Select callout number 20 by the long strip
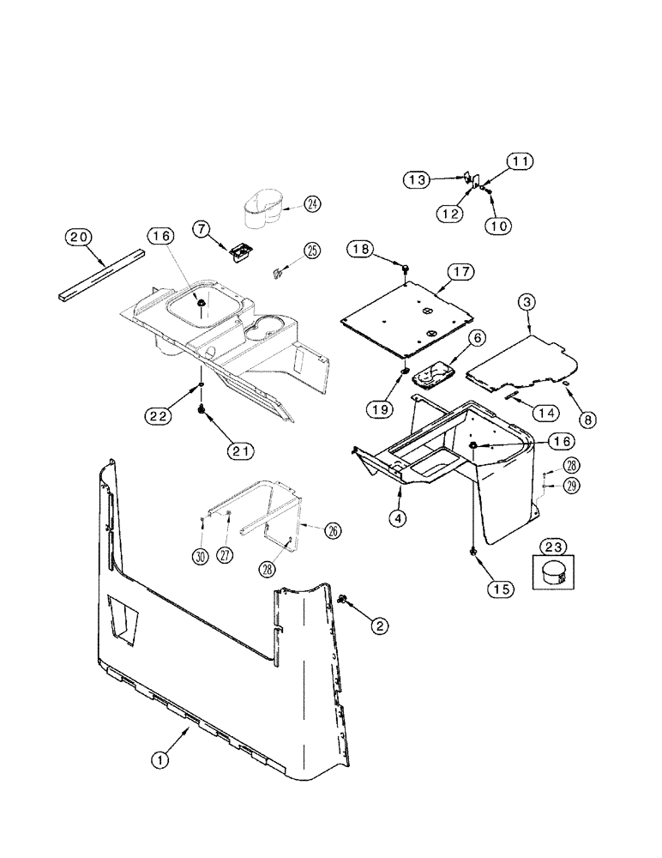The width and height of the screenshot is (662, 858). tap(79, 239)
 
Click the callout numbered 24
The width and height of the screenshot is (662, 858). tap(288, 203)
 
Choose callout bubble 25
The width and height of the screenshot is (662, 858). tap(311, 251)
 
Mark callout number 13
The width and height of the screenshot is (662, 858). tap(417, 179)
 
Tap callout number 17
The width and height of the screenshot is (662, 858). tap(460, 272)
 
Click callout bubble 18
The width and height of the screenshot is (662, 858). tap(361, 249)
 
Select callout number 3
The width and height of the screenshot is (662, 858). tap(527, 301)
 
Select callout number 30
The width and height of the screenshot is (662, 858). tap(201, 555)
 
